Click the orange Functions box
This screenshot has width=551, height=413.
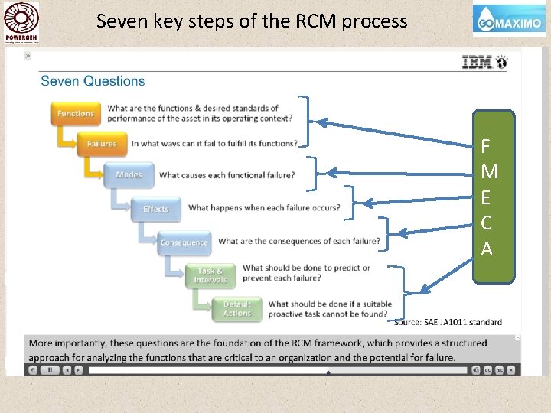point(75,114)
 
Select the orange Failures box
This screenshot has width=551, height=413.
point(101,144)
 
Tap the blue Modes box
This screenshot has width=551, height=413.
point(129,175)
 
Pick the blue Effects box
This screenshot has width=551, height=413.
point(156,209)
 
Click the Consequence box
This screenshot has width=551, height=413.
point(184,242)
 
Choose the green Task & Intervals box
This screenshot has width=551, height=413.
point(210,275)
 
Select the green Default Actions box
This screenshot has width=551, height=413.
point(236,308)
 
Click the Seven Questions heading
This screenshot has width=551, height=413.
point(93,81)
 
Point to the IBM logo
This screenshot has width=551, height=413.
point(478,63)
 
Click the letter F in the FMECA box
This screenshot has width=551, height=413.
point(486,146)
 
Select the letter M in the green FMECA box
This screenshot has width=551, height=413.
point(489,172)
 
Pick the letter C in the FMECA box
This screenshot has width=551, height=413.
point(487,224)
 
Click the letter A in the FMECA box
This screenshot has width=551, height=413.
point(487,249)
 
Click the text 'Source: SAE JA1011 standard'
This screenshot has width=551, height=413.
point(448,322)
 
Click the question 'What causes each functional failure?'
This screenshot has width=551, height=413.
point(227,175)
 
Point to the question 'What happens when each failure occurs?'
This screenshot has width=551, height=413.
point(264,207)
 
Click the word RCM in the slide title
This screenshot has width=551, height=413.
point(315,21)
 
